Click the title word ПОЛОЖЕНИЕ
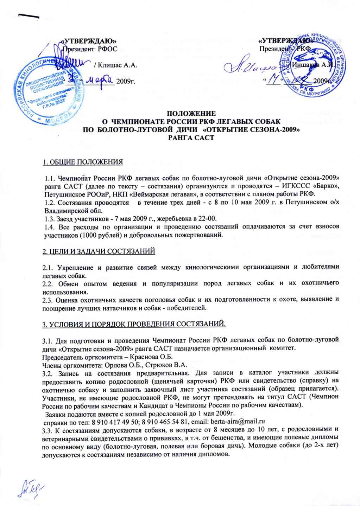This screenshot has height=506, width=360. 191,114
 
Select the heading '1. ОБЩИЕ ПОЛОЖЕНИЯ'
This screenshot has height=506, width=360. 82,162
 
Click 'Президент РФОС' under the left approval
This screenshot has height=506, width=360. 90,49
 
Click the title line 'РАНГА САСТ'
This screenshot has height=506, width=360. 191,137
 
